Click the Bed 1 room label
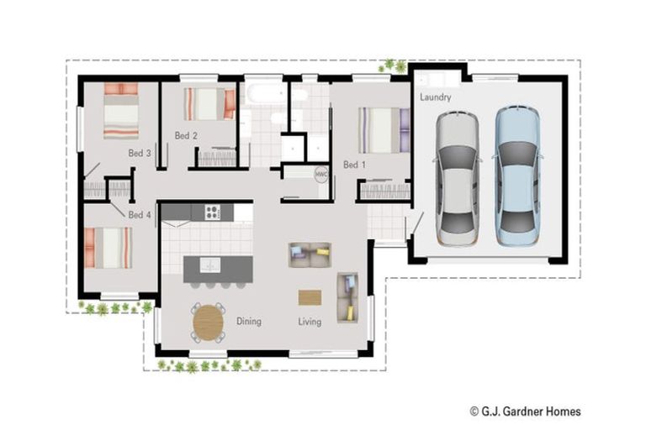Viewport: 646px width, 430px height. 354,165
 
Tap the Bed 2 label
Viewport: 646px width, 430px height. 186,135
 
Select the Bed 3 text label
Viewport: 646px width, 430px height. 140,154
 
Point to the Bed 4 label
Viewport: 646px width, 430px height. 140,215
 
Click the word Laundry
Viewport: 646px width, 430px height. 436,97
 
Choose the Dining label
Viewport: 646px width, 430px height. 248,322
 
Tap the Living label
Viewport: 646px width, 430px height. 310,322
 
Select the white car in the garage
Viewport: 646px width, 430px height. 457,178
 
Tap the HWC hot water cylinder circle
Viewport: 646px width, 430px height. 320,174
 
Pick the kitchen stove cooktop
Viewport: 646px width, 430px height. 212,212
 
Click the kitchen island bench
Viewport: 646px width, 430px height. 218,268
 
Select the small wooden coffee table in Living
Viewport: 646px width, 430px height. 310,297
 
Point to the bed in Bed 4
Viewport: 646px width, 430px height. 108,248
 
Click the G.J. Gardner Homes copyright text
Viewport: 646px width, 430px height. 525,412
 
